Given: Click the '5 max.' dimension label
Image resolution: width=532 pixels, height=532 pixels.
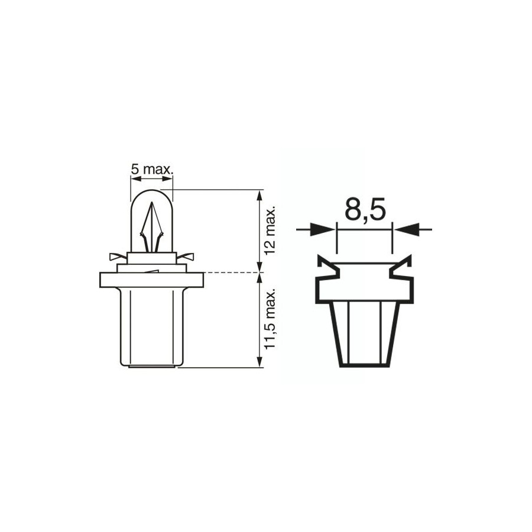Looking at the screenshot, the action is pyautogui.click(x=152, y=169).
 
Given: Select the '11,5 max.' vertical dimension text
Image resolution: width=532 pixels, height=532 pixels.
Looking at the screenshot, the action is pyautogui.click(x=270, y=320).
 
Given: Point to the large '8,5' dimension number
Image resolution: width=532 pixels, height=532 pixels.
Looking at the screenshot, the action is pyautogui.click(x=365, y=210).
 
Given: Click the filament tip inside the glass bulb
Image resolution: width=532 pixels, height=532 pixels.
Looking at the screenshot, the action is pyautogui.click(x=152, y=203).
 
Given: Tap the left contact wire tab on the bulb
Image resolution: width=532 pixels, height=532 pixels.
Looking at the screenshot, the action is pyautogui.click(x=118, y=257).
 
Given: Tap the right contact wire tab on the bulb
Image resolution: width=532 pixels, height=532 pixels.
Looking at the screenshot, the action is pyautogui.click(x=185, y=257).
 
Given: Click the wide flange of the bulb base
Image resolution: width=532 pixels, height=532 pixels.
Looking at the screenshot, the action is pyautogui.click(x=152, y=280).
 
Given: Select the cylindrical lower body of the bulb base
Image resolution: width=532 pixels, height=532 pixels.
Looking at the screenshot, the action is pyautogui.click(x=152, y=327).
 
